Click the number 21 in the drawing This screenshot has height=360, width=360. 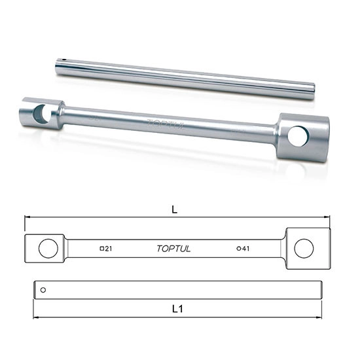pyautogui.click(x=109, y=249)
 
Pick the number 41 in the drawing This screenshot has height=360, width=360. pyautogui.click(x=247, y=249)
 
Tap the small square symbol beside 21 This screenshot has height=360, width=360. pyautogui.click(x=102, y=249)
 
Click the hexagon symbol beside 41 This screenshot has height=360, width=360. pyautogui.click(x=239, y=249)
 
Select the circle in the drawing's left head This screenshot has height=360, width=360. pyautogui.click(x=48, y=248)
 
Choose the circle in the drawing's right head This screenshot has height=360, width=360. pyautogui.click(x=303, y=248)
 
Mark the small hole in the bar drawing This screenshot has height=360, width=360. pyautogui.click(x=43, y=289)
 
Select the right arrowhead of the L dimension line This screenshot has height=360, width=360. pyautogui.click(x=327, y=217)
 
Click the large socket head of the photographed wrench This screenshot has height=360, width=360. pyautogui.click(x=300, y=137)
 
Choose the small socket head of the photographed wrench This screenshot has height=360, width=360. pyautogui.click(x=41, y=113)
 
